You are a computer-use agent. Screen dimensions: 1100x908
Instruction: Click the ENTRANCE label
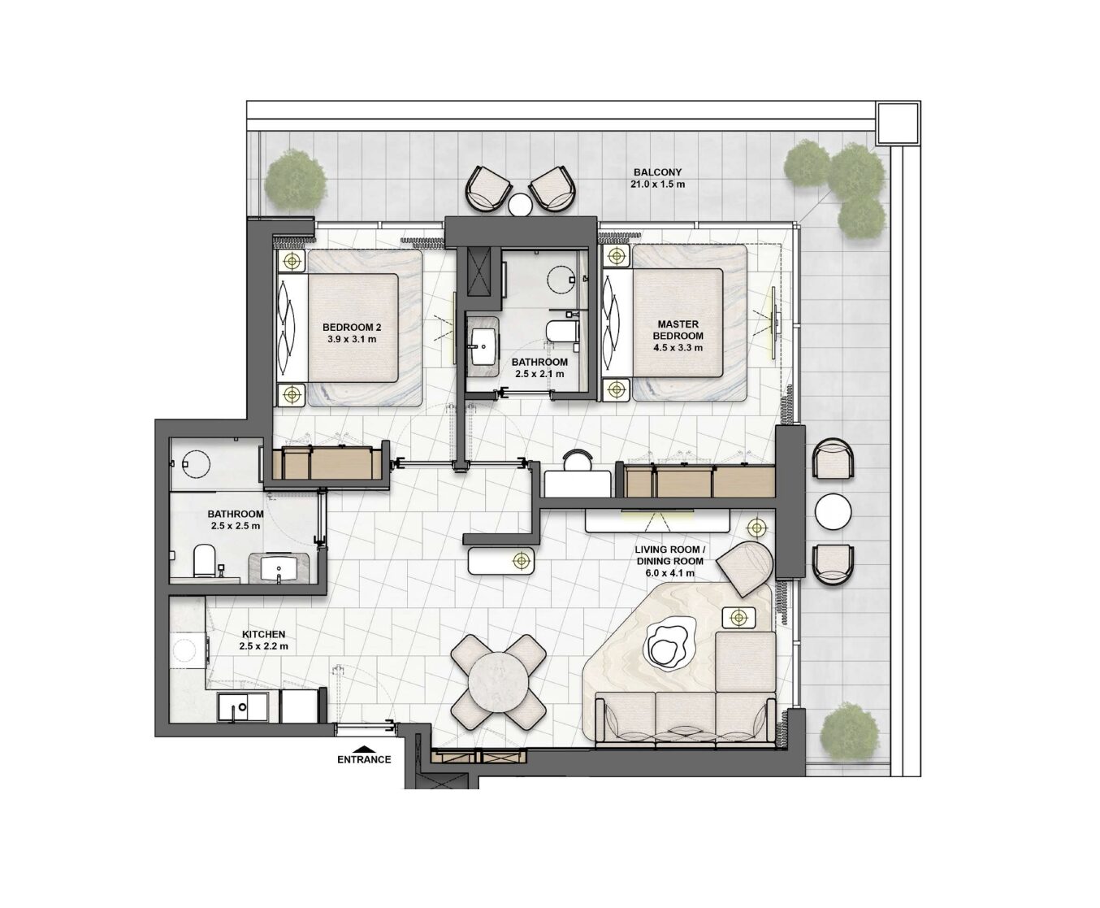(364, 759)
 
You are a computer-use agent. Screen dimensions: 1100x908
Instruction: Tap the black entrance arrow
(364, 748)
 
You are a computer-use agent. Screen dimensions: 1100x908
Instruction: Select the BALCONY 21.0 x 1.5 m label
(657, 178)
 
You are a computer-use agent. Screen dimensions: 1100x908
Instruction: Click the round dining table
(498, 682)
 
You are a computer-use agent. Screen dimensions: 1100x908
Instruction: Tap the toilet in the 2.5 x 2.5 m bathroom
(204, 559)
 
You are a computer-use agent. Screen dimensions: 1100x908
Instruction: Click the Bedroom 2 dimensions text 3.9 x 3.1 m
(352, 339)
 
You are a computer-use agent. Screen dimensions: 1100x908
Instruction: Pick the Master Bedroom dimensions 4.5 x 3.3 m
(678, 348)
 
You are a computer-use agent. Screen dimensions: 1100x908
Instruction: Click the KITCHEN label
(263, 634)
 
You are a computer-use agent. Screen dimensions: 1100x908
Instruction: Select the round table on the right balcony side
(833, 511)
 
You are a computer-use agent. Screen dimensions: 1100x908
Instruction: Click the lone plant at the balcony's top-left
(294, 179)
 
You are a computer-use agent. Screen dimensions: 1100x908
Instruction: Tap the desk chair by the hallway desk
(577, 459)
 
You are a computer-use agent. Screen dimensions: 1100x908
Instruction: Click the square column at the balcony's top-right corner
(898, 123)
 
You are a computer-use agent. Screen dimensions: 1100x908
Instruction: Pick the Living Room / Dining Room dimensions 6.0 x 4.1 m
(669, 574)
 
